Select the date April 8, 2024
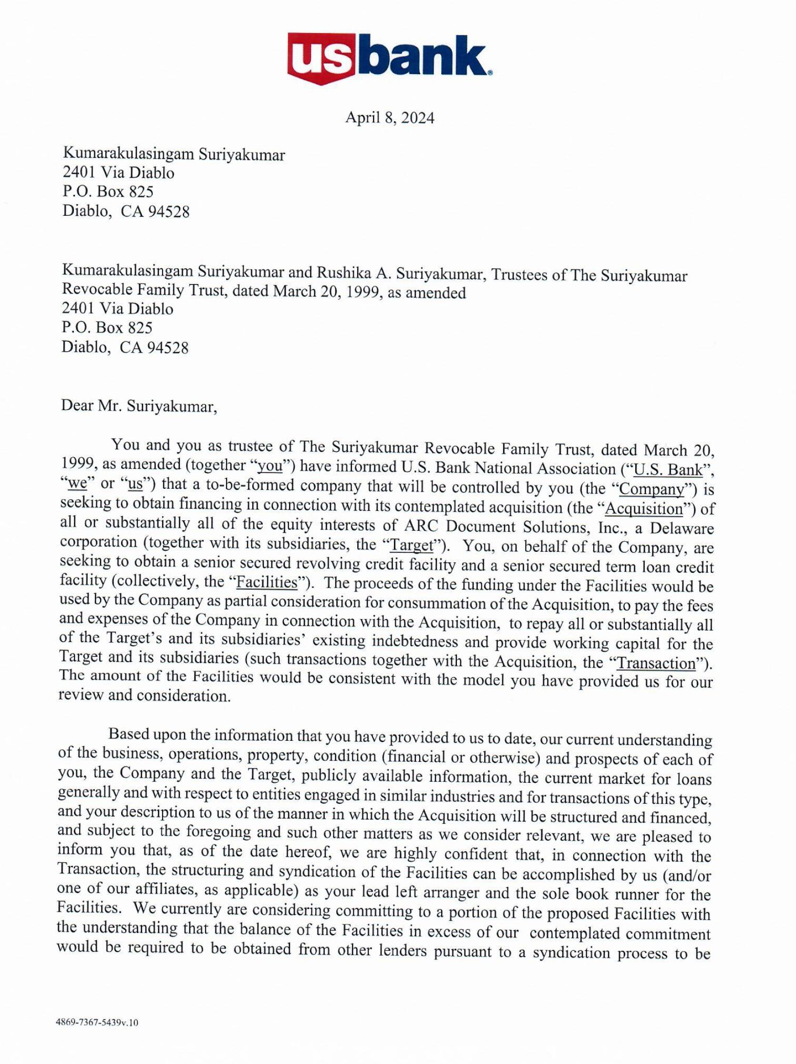click(x=389, y=118)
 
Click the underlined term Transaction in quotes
click(x=657, y=664)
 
